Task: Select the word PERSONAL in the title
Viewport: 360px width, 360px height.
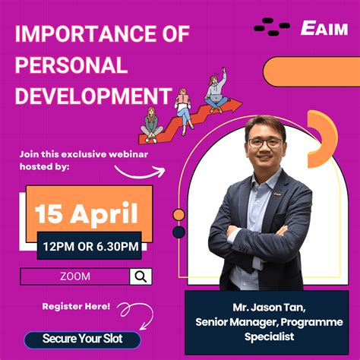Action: click(71, 66)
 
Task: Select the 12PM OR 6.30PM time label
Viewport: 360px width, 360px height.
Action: click(89, 245)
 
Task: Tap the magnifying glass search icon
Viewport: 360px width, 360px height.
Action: click(141, 276)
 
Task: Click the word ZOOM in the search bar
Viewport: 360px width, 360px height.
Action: click(74, 276)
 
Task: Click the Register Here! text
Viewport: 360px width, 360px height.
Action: click(76, 307)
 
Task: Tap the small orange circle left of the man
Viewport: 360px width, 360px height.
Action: click(179, 215)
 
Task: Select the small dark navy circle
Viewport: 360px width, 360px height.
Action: click(179, 231)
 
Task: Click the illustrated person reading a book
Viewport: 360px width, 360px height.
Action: click(185, 106)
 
